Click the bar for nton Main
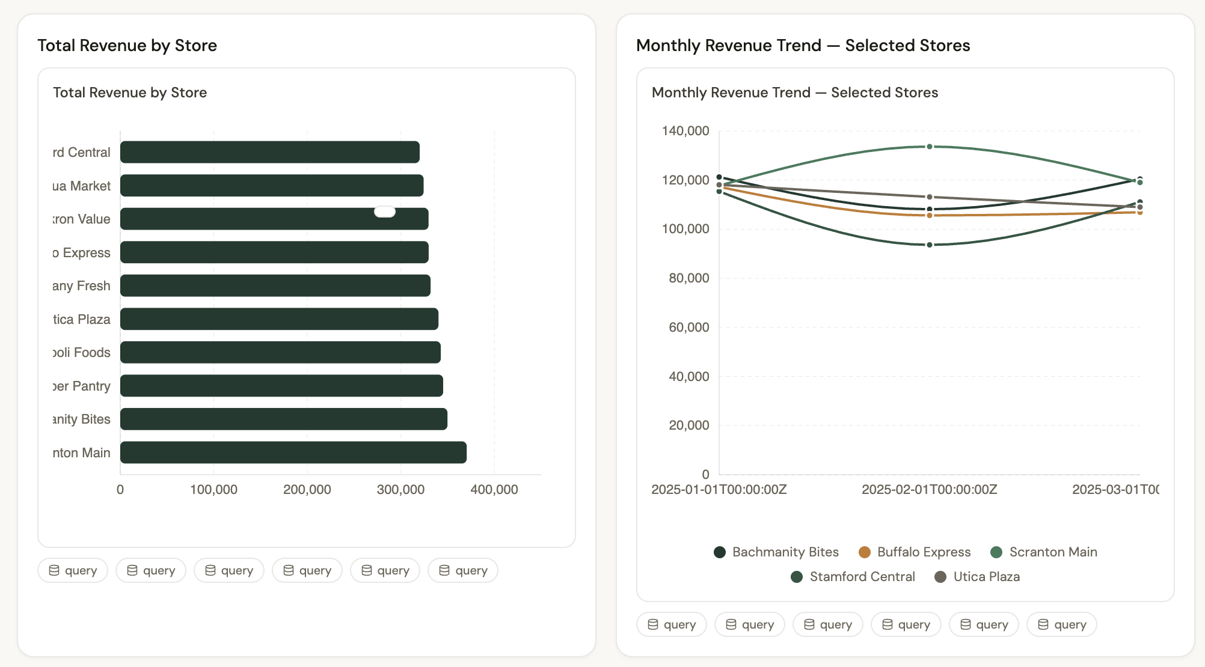point(293,452)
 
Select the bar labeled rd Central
point(270,152)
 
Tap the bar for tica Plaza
point(279,319)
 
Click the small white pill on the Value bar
point(385,212)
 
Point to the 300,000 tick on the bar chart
point(400,489)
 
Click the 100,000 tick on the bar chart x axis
point(213,489)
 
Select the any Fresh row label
point(81,286)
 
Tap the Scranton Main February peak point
point(930,147)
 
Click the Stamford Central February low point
point(930,245)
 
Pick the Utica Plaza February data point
point(930,197)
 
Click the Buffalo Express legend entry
point(915,552)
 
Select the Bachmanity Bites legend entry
point(776,552)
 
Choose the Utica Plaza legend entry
point(977,576)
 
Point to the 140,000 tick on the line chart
point(685,131)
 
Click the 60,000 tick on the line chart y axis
point(689,327)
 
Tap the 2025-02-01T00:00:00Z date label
point(930,489)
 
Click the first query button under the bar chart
point(73,570)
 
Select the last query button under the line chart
point(1062,624)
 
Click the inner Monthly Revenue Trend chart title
point(794,93)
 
